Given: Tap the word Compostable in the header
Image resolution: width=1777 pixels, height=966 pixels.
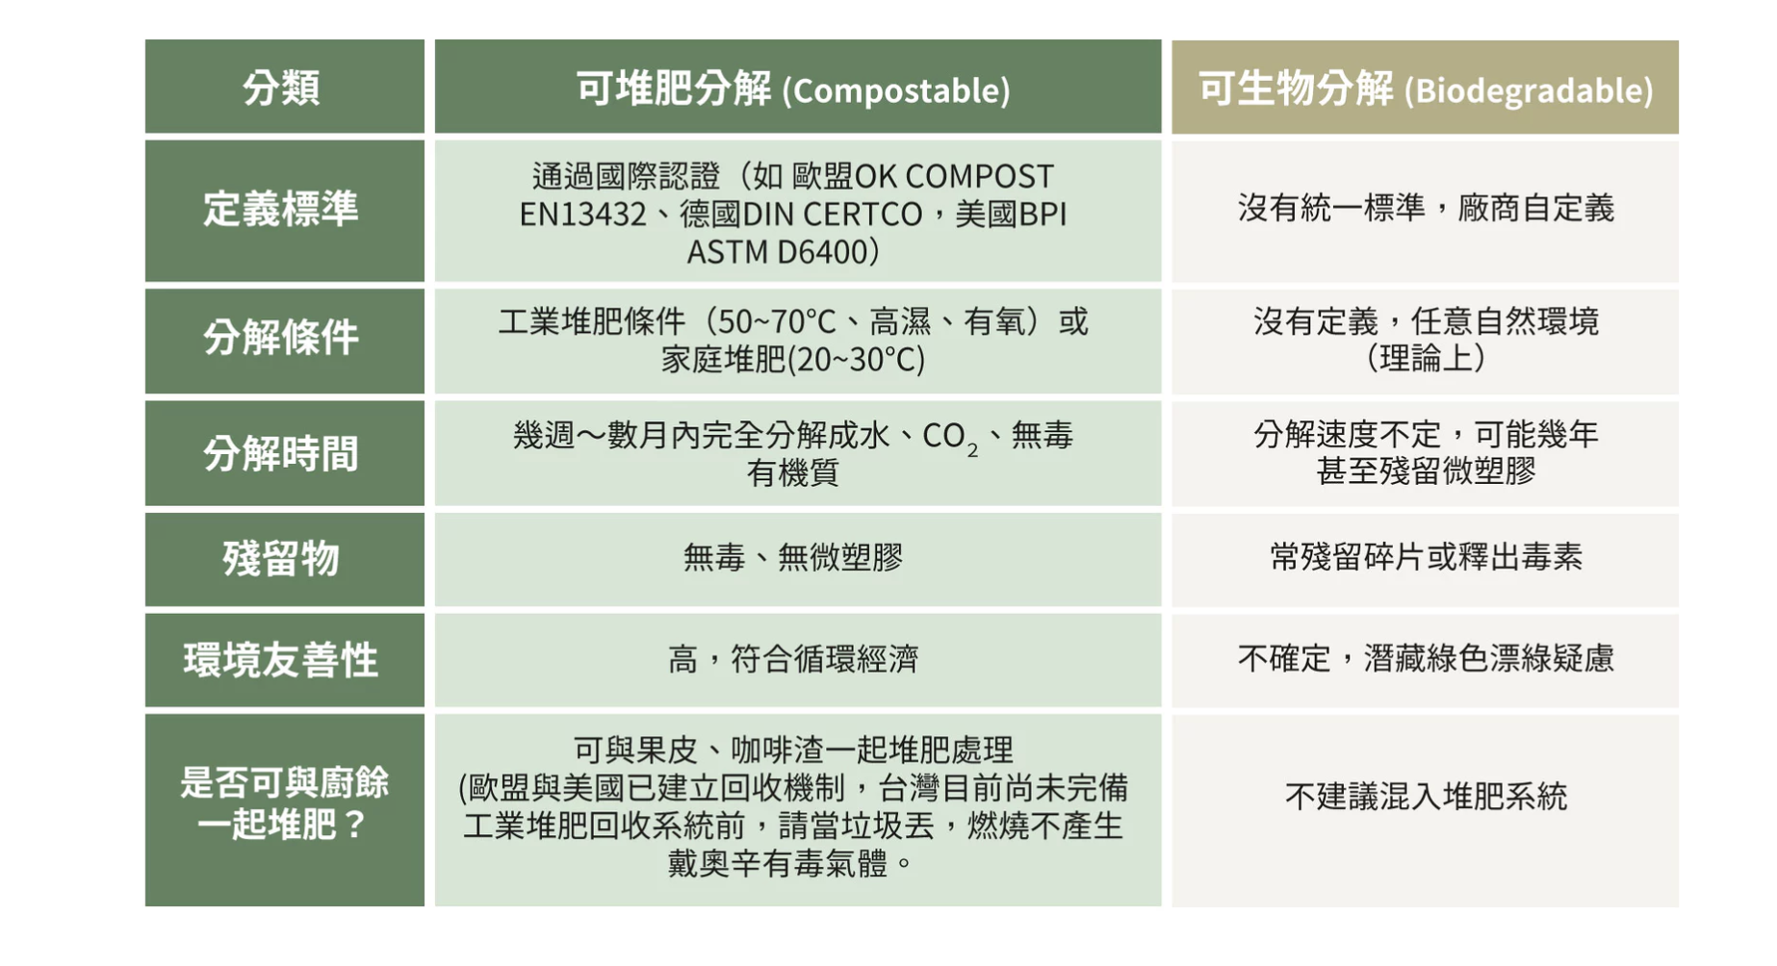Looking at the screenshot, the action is tap(896, 90).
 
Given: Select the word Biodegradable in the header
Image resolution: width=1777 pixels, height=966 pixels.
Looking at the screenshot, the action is tap(1529, 90).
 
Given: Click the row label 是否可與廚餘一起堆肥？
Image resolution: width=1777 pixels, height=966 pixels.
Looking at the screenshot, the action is tap(284, 803).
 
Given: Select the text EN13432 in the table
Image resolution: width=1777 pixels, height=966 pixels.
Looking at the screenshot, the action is tap(583, 214).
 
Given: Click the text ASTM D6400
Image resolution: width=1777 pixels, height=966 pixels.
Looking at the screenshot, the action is tap(778, 252).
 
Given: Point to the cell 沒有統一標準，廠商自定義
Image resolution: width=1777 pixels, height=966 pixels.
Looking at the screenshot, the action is tap(1426, 208).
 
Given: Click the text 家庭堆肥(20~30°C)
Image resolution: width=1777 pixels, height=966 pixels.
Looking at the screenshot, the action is tap(793, 360).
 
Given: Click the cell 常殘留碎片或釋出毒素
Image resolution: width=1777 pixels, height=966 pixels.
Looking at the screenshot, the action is tap(1426, 557).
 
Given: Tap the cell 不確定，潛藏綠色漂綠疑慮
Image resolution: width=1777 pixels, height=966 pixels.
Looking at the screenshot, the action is tap(1426, 660).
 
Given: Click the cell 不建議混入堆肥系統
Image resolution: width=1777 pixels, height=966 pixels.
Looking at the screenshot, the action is tap(1426, 797).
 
